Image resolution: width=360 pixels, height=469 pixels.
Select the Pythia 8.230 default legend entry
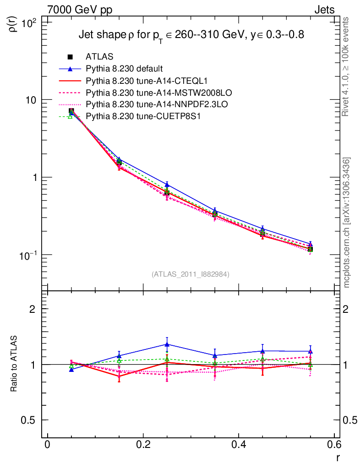click(x=124, y=69)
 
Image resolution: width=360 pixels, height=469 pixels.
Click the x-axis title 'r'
click(x=338, y=458)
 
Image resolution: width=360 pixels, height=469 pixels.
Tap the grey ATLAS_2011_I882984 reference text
click(x=190, y=274)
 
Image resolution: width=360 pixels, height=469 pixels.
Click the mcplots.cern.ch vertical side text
click(x=347, y=222)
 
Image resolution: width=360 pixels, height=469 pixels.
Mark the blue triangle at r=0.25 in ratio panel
click(x=167, y=344)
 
